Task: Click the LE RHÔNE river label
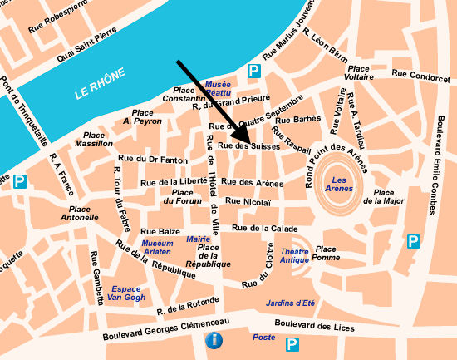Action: point(100,84)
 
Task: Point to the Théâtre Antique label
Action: point(294,255)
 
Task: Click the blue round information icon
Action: point(215,340)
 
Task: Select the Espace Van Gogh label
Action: point(126,293)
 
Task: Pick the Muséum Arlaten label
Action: point(157,247)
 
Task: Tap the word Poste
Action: point(263,338)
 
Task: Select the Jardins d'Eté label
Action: point(291,302)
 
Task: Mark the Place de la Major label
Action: point(384,195)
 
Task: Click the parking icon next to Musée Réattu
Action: point(254,72)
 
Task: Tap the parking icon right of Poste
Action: point(292,344)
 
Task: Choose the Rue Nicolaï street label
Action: point(248,201)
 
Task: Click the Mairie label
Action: point(199,239)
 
